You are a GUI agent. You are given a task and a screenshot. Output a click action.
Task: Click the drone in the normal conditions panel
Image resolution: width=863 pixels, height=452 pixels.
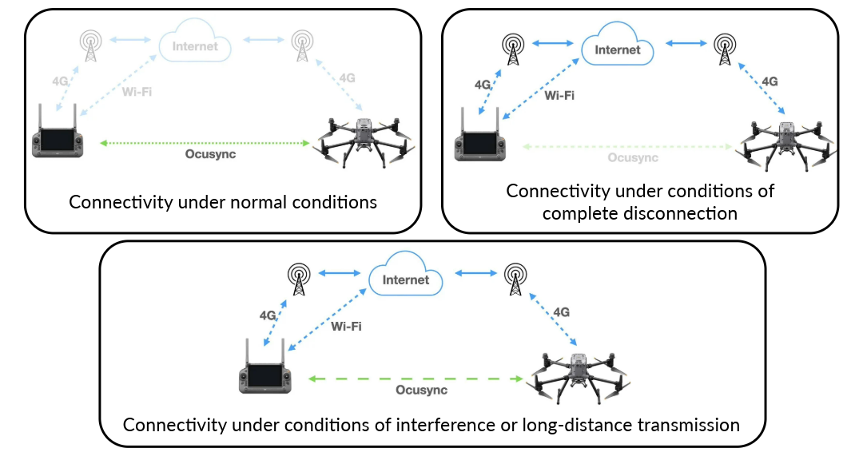click(x=367, y=139)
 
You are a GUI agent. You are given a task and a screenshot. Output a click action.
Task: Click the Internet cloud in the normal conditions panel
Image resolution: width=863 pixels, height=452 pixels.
click(x=195, y=46)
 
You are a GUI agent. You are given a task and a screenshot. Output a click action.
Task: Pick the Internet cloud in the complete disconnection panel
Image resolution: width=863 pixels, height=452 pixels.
click(x=618, y=50)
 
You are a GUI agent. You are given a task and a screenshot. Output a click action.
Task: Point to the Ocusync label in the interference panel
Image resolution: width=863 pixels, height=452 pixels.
click(x=421, y=391)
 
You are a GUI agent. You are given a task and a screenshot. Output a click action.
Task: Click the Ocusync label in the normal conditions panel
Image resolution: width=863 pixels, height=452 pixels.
click(x=204, y=155)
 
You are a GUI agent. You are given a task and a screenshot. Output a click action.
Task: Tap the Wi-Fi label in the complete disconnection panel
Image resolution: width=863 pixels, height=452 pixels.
click(x=559, y=95)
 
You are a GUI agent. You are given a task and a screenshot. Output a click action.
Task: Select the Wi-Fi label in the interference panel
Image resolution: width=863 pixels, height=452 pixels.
click(x=347, y=326)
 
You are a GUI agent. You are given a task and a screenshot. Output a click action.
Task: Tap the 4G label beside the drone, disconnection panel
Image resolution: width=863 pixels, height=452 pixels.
click(x=770, y=81)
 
